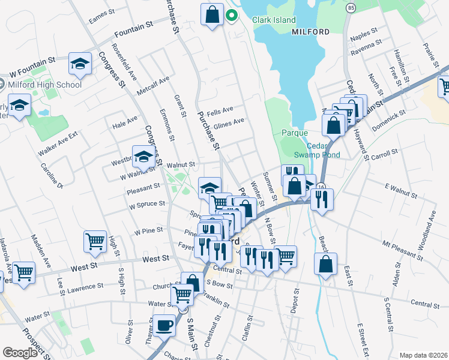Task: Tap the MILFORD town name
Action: (310, 32)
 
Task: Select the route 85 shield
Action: (351, 8)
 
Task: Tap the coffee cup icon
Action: (163, 326)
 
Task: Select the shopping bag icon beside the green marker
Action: (213, 16)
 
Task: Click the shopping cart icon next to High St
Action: (95, 241)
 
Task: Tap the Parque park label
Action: (295, 133)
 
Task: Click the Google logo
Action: (20, 352)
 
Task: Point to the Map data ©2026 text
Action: (423, 355)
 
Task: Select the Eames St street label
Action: (101, 17)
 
